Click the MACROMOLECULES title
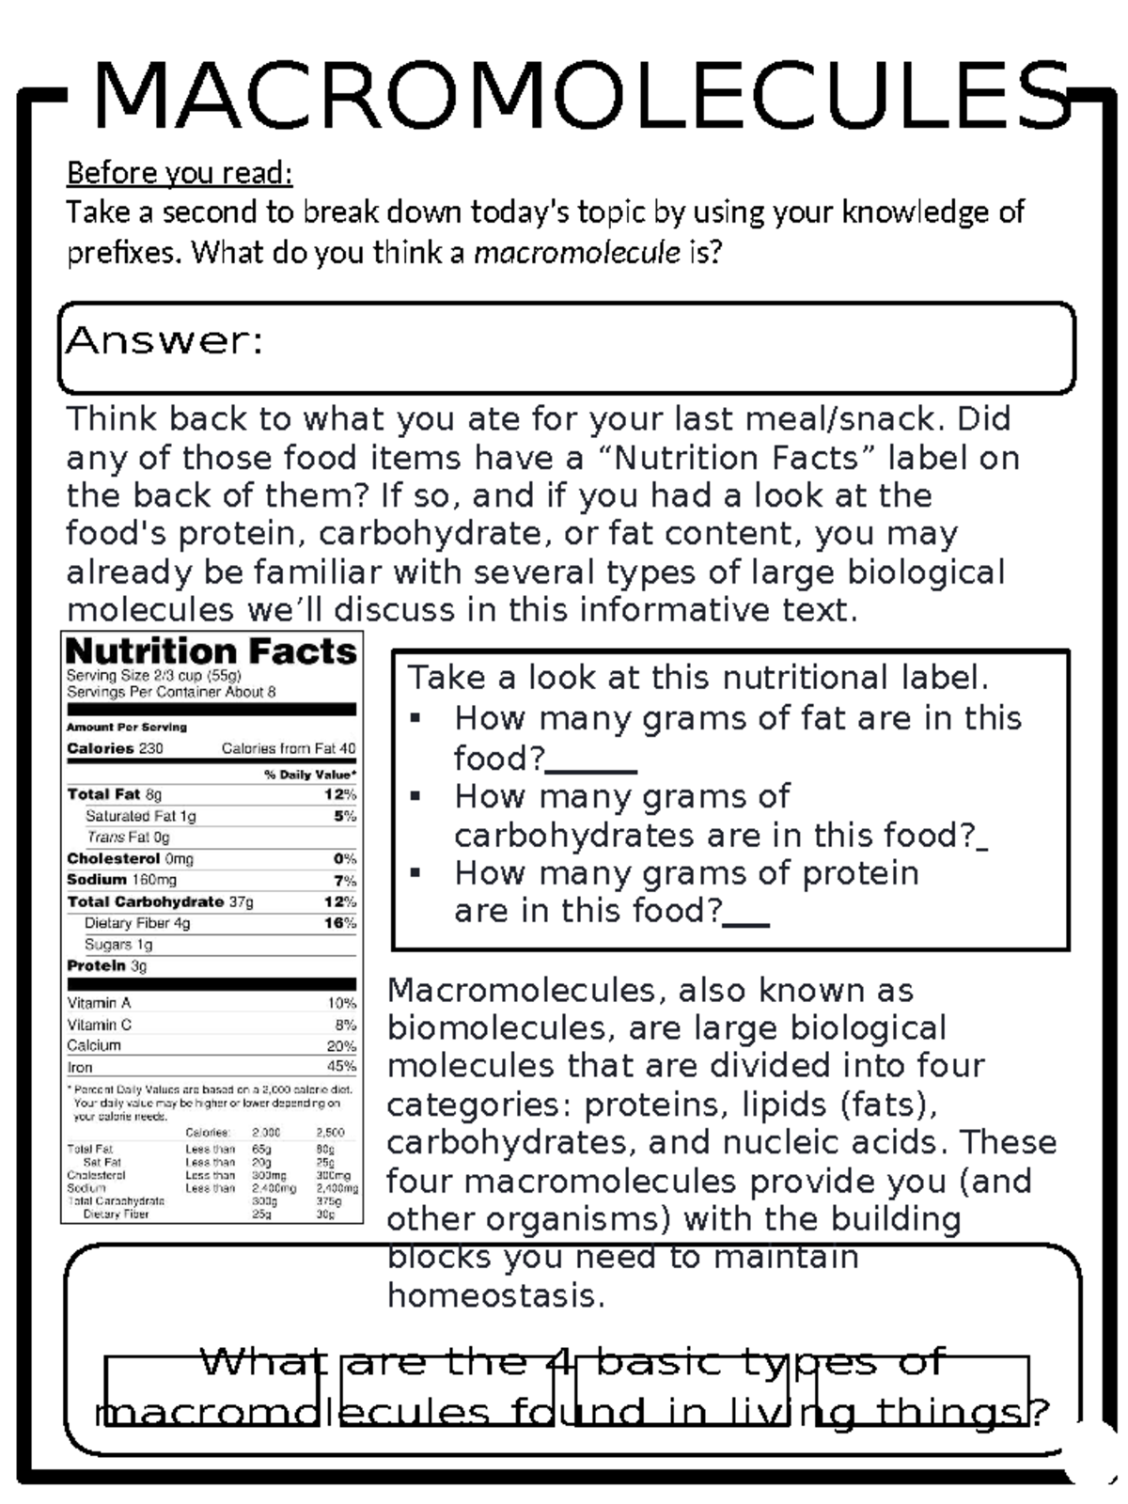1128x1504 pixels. [583, 96]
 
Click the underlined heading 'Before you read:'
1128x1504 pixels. [180, 173]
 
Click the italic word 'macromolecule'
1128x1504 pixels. [576, 252]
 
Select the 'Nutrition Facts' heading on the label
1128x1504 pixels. [211, 650]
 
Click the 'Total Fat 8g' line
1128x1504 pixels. [114, 794]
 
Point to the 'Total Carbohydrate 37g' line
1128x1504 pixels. [160, 901]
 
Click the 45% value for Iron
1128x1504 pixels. [341, 1067]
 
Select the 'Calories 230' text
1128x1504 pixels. [115, 748]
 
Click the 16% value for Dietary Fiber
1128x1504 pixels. [340, 923]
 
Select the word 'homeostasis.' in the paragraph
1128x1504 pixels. [496, 1295]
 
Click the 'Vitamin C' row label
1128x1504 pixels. [99, 1025]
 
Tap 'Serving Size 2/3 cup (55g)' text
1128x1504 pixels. [153, 675]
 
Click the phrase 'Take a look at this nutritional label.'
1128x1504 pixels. [697, 677]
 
